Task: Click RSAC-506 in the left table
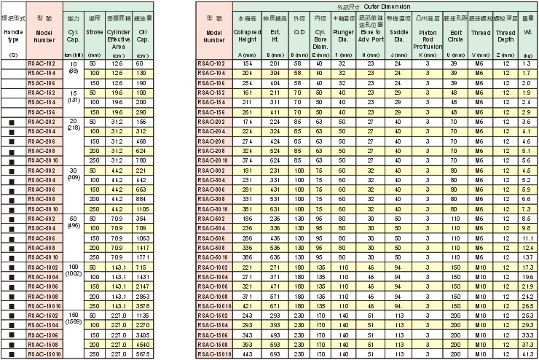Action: (42, 238)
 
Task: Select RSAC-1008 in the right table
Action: (215, 297)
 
